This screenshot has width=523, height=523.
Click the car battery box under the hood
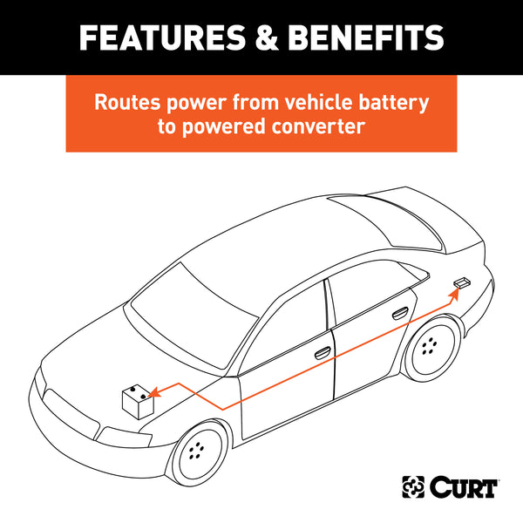click(x=138, y=403)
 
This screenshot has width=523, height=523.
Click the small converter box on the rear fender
click(x=462, y=282)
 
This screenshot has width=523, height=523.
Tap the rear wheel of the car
click(x=429, y=346)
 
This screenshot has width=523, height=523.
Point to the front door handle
click(x=322, y=352)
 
